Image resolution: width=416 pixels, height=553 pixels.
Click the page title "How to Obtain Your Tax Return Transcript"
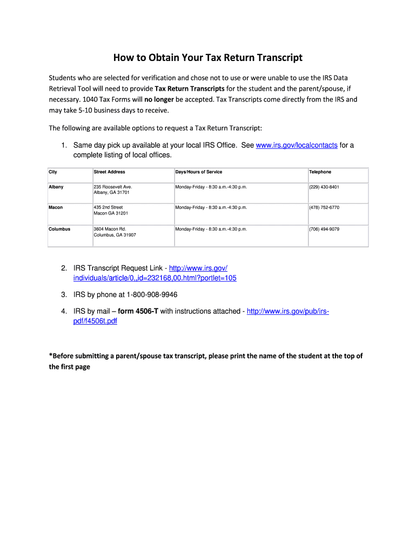tap(207, 58)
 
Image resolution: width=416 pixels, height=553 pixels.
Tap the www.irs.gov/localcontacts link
tap(297, 145)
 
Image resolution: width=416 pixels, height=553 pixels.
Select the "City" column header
tap(53, 172)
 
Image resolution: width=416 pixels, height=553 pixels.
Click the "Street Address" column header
tap(109, 172)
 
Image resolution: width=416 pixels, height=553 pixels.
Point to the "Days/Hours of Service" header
tap(198, 172)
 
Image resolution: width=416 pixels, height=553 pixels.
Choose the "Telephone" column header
tap(320, 172)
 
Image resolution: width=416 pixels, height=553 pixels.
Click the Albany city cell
tap(56, 187)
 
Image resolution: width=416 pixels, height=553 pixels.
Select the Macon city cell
tap(56, 207)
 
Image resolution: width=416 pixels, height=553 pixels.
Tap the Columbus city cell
tap(59, 229)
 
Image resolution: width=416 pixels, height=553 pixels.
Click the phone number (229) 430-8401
tap(324, 187)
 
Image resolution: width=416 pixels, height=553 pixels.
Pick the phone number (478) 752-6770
tap(324, 207)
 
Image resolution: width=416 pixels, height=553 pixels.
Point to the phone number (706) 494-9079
tap(324, 229)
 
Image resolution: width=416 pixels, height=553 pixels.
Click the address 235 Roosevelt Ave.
tap(113, 187)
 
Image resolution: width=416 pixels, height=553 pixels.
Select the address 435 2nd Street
tap(108, 207)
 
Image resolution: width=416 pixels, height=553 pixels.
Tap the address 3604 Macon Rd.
tap(110, 229)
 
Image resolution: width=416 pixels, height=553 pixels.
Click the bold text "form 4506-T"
tap(138, 312)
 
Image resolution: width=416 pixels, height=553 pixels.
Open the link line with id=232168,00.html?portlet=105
tap(155, 278)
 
